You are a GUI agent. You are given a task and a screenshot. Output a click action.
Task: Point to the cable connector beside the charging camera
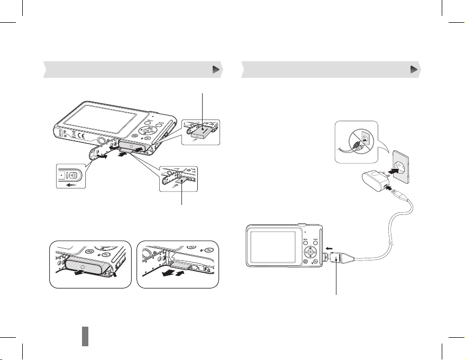click(x=337, y=259)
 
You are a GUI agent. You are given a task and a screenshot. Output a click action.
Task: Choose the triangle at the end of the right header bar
click(x=414, y=69)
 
